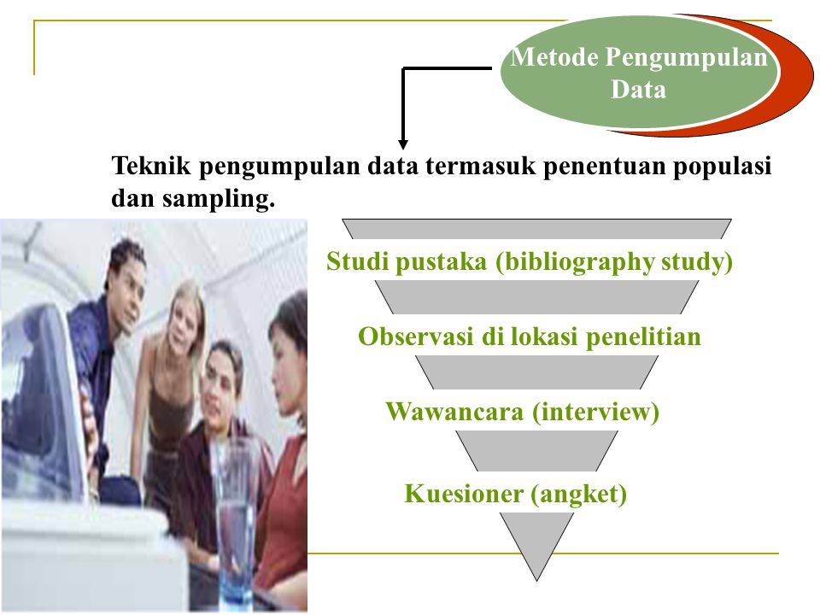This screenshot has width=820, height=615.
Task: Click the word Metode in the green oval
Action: pos(554,59)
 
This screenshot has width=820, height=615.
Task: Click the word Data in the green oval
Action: pos(638,90)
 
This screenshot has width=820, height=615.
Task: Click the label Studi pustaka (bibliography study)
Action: pos(530,262)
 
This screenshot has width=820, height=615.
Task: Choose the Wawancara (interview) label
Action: pos(523,413)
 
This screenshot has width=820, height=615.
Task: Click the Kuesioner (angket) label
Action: pos(516,493)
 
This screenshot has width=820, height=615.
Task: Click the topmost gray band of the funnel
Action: pos(536,228)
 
